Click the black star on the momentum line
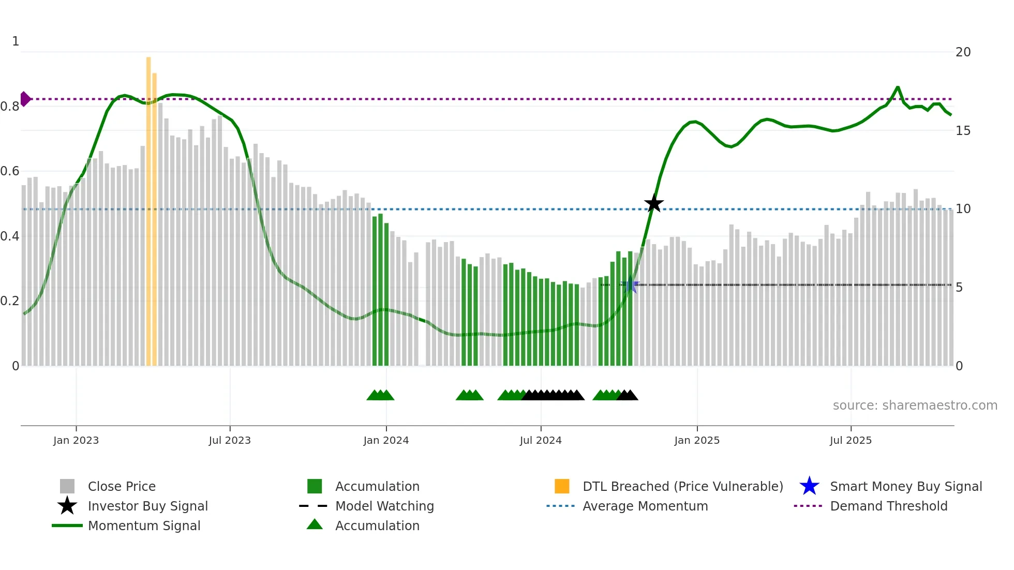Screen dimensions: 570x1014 tap(654, 203)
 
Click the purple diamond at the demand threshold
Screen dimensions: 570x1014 tap(25, 99)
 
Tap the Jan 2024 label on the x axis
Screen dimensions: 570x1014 tap(386, 440)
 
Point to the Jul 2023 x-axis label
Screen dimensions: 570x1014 tap(230, 440)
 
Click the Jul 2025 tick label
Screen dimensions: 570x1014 tap(851, 440)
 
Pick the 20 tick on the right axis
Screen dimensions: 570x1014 tap(963, 52)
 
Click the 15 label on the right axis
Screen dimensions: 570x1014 tap(963, 131)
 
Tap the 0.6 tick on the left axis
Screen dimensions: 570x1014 tap(10, 171)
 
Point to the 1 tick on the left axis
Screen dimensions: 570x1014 tap(16, 41)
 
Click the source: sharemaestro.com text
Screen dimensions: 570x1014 tap(915, 406)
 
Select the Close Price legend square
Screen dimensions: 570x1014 tap(67, 486)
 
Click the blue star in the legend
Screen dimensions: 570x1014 tap(809, 486)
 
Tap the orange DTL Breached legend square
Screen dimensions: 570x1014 tap(562, 486)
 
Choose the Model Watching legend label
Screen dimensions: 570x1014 tap(384, 506)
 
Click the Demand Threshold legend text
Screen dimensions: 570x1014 tap(888, 506)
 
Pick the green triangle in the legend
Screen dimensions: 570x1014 tap(315, 524)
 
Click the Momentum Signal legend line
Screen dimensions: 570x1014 tap(67, 526)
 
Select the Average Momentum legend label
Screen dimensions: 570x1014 tap(645, 506)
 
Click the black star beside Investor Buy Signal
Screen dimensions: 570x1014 tap(67, 506)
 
